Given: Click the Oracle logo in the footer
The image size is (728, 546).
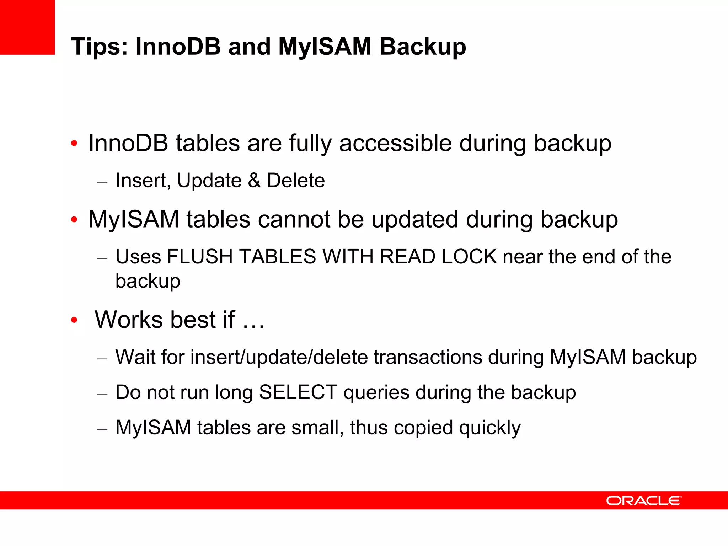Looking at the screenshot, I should pyautogui.click(x=643, y=500).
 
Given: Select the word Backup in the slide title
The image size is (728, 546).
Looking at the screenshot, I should pyautogui.click(x=423, y=47).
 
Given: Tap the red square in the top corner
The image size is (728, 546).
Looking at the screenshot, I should pyautogui.click(x=27, y=27).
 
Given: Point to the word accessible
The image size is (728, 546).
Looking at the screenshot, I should pyautogui.click(x=395, y=143).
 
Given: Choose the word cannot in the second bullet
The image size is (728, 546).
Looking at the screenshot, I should pyautogui.click(x=294, y=219).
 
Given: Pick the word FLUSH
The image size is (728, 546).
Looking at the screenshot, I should pyautogui.click(x=200, y=257).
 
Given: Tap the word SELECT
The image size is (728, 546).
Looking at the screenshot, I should pyautogui.click(x=298, y=392).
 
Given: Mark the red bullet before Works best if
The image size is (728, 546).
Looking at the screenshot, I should pyautogui.click(x=74, y=320).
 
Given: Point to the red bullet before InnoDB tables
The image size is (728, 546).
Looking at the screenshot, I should pyautogui.click(x=74, y=144).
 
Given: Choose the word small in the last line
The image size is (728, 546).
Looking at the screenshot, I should pyautogui.click(x=317, y=428).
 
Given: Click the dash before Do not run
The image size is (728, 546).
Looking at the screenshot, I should pyautogui.click(x=102, y=394).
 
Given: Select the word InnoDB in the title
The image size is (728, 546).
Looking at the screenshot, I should pyautogui.click(x=178, y=47).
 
